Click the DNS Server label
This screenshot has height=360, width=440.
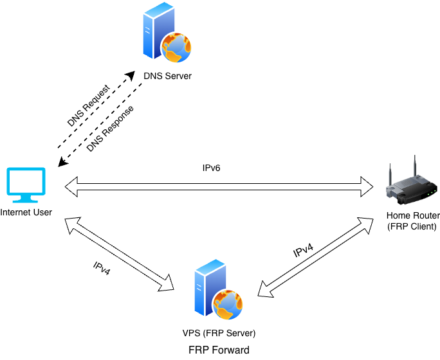point(167,76)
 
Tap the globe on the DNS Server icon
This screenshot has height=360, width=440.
point(176,48)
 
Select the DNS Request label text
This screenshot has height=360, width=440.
point(89,105)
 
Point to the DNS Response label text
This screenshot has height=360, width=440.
point(110,129)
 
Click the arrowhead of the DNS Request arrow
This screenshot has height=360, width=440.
point(131,75)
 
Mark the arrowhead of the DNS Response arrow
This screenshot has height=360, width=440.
point(62,163)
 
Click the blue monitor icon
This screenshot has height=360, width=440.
point(26,185)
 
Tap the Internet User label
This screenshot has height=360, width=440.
point(26,213)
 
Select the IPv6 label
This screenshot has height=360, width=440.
point(211,168)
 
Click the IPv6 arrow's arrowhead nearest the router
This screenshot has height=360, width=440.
point(367,186)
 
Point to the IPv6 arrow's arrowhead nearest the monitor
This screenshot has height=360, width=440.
point(71,186)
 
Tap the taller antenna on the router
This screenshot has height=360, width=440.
point(415,167)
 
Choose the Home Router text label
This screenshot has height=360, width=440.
point(413,215)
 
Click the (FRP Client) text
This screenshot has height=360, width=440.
point(412,226)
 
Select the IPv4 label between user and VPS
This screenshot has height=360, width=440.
point(102,268)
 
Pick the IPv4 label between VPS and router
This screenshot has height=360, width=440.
point(304,250)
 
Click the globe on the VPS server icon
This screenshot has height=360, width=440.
point(228,305)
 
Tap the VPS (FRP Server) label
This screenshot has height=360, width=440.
point(219,333)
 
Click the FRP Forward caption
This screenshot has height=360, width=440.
point(219,350)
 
